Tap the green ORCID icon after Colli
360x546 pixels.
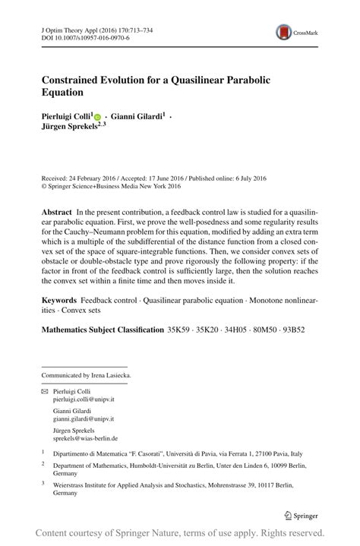[x=97, y=117]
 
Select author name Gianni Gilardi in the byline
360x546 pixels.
[x=136, y=116]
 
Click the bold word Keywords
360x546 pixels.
[x=59, y=301]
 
